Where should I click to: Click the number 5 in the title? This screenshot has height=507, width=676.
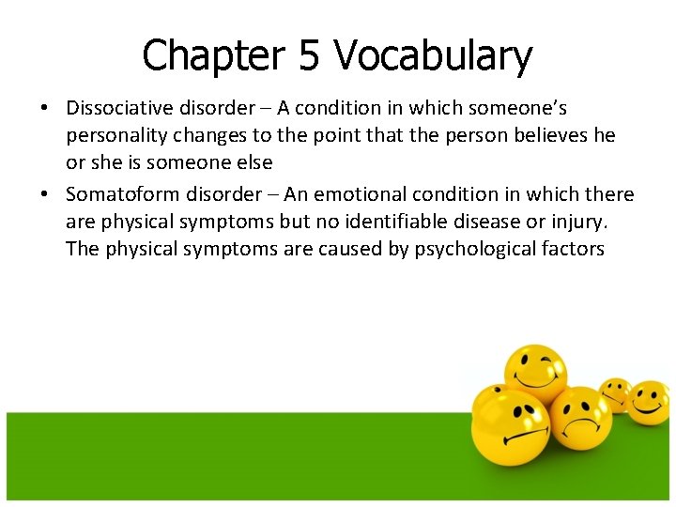[308, 56]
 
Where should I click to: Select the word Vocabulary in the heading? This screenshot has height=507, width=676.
[433, 56]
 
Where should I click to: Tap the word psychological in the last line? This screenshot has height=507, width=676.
[475, 249]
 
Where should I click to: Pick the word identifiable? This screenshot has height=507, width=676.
[436, 222]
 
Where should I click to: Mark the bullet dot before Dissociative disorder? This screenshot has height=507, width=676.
[44, 109]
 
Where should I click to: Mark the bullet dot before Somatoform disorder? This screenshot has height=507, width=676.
[44, 195]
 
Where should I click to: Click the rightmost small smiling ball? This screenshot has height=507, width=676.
[648, 400]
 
